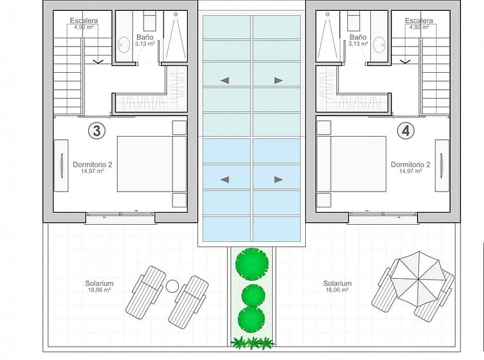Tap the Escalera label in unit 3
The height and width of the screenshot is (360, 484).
(84, 20)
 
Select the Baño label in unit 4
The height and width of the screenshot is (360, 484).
(358, 37)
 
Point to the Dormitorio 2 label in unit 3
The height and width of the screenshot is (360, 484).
(93, 165)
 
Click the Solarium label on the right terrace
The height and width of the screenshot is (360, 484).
(337, 283)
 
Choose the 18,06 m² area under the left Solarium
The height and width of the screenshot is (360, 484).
(100, 290)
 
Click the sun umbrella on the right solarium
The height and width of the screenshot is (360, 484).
(418, 279)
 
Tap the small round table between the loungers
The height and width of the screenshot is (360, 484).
(172, 286)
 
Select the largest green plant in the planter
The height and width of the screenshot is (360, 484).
(252, 264)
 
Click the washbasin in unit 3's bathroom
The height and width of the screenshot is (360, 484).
(124, 45)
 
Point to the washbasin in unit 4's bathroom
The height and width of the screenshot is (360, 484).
(379, 45)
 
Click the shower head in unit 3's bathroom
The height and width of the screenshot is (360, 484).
(176, 14)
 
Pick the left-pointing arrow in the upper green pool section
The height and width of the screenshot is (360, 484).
(225, 80)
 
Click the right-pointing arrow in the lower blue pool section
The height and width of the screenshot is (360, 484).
(278, 179)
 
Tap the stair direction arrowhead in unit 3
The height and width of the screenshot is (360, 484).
(98, 62)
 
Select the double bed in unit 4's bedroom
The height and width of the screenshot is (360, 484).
(352, 164)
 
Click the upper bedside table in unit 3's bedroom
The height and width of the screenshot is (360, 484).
(179, 128)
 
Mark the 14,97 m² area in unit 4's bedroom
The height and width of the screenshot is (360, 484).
(411, 171)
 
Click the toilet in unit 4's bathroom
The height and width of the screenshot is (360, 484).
(354, 20)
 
